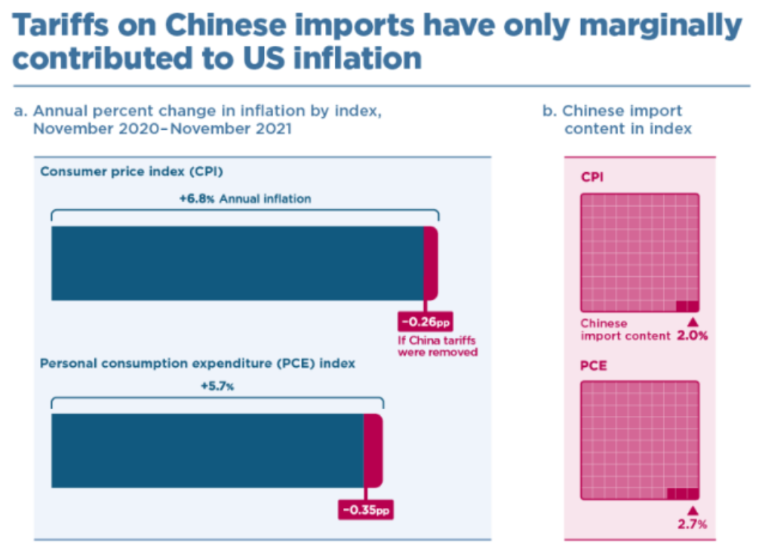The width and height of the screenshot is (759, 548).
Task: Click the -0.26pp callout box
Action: pyautogui.click(x=426, y=322)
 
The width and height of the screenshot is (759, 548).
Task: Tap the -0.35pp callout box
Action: pyautogui.click(x=366, y=510)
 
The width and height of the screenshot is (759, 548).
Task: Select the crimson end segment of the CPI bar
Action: pyautogui.click(x=431, y=263)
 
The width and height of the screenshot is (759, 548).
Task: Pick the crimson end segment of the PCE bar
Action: pyautogui.click(x=373, y=451)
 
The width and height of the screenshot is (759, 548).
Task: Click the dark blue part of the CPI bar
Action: pyautogui.click(x=238, y=263)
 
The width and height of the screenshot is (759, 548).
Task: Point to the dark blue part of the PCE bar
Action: pyautogui.click(x=207, y=451)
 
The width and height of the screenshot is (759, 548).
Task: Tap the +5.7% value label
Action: pyautogui.click(x=217, y=386)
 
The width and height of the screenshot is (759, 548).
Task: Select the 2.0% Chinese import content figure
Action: pyautogui.click(x=692, y=335)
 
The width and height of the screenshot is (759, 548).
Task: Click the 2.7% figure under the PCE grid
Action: pyautogui.click(x=692, y=524)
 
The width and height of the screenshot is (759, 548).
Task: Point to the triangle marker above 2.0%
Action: pyautogui.click(x=693, y=322)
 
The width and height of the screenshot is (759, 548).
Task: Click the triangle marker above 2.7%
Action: pyautogui.click(x=693, y=510)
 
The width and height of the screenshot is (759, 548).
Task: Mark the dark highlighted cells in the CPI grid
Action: pyautogui.click(x=687, y=306)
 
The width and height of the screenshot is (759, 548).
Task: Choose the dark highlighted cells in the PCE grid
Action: pyautogui.click(x=683, y=494)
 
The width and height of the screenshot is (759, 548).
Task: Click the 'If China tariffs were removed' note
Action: pyautogui.click(x=438, y=346)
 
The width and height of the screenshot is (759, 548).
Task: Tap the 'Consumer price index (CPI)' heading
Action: pyautogui.click(x=132, y=171)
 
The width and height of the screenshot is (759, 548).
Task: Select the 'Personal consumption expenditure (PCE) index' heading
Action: pyautogui.click(x=198, y=363)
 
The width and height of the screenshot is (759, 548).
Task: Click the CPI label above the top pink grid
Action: pyautogui.click(x=592, y=177)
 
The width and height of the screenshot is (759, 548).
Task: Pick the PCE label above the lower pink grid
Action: pyautogui.click(x=594, y=365)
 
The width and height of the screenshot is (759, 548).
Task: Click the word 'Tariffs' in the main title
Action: pyautogui.click(x=60, y=25)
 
